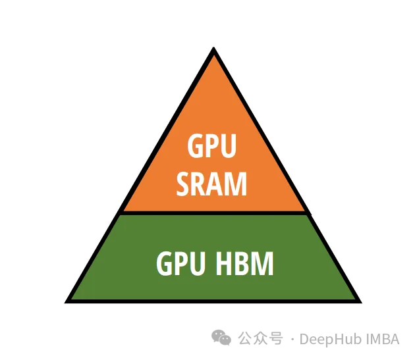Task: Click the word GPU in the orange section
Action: click(211, 145)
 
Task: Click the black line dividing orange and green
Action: click(213, 213)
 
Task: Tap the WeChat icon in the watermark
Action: click(221, 338)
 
